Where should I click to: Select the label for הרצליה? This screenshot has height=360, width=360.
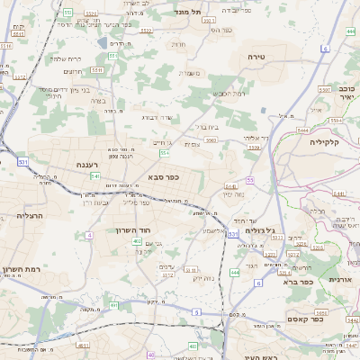tap(30, 217)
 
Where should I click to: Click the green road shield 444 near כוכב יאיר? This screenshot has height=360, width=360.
tap(349, 31)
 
